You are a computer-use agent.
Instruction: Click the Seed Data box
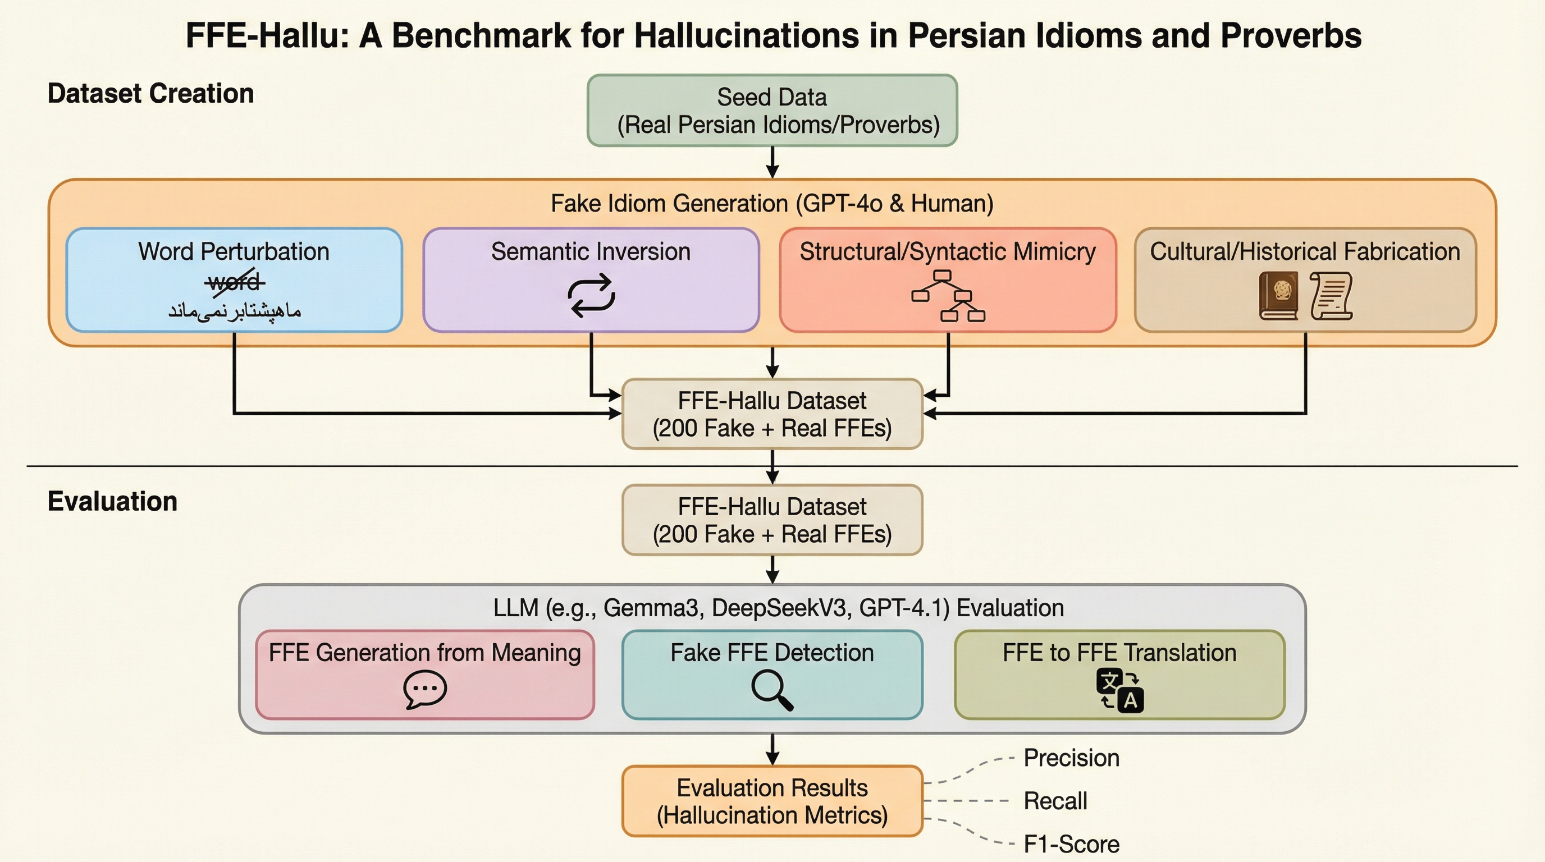pyautogui.click(x=772, y=111)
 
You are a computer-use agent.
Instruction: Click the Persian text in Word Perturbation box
pyautogui.click(x=235, y=310)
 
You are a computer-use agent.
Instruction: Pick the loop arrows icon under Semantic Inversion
pyautogui.click(x=591, y=295)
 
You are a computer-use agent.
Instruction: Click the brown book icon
pyautogui.click(x=1278, y=296)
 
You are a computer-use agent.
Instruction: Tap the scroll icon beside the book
pyautogui.click(x=1332, y=296)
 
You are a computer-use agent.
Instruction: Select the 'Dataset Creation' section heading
pyautogui.click(x=150, y=94)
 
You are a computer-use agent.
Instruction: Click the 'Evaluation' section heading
pyautogui.click(x=113, y=501)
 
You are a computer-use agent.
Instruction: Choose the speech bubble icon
pyautogui.click(x=424, y=689)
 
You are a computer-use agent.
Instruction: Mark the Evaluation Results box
pyautogui.click(x=772, y=801)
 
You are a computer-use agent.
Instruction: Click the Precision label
pyautogui.click(x=1071, y=758)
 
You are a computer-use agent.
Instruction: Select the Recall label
pyautogui.click(x=1055, y=801)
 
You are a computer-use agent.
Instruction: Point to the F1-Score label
pyautogui.click(x=1071, y=844)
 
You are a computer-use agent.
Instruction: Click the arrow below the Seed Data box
pyautogui.click(x=772, y=162)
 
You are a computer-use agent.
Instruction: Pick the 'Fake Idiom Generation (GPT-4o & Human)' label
pyautogui.click(x=772, y=204)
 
